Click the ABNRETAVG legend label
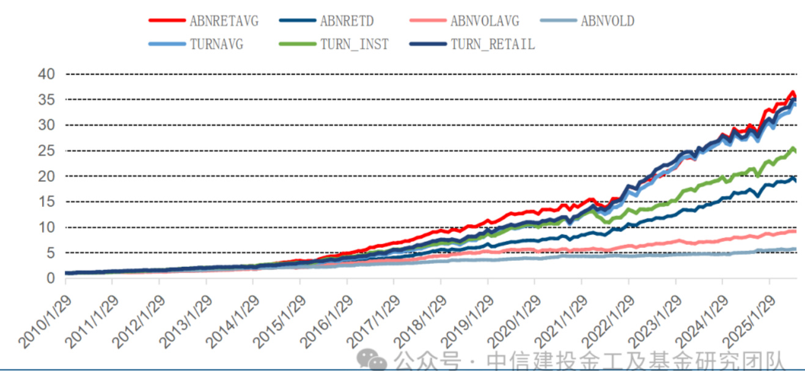pos(224,21)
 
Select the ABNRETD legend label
pos(347,21)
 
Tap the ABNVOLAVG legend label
pos(485,21)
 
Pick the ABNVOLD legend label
pos(608,21)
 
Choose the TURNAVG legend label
pos(216,44)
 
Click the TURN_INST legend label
pos(355,44)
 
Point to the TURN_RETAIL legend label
pos(493,44)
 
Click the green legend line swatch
pos(296,44)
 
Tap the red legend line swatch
pos(166,21)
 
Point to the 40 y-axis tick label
pos(47,74)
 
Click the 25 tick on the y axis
pos(47,151)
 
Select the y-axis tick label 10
pos(47,227)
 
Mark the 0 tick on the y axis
pos(51,279)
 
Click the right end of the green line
pos(795,151)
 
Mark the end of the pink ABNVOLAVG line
pos(795,231)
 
